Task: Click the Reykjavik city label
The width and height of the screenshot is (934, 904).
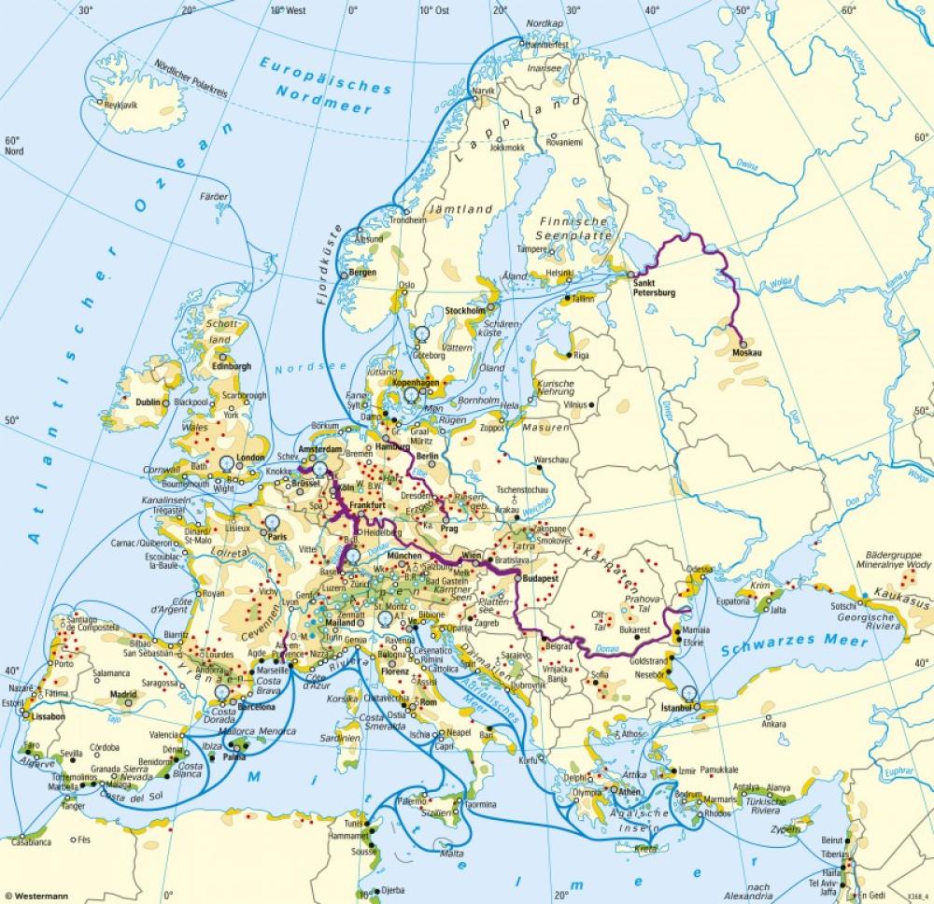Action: click(121, 106)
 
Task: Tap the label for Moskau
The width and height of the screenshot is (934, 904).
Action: click(748, 353)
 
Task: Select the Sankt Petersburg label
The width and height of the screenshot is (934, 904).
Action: click(653, 287)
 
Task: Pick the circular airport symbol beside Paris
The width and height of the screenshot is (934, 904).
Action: click(272, 524)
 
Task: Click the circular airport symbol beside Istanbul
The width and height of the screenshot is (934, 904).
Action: click(689, 692)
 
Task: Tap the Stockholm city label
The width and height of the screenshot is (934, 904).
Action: click(465, 310)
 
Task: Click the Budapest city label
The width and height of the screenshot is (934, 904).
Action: click(541, 579)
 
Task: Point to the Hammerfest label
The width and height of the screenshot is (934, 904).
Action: click(548, 43)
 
